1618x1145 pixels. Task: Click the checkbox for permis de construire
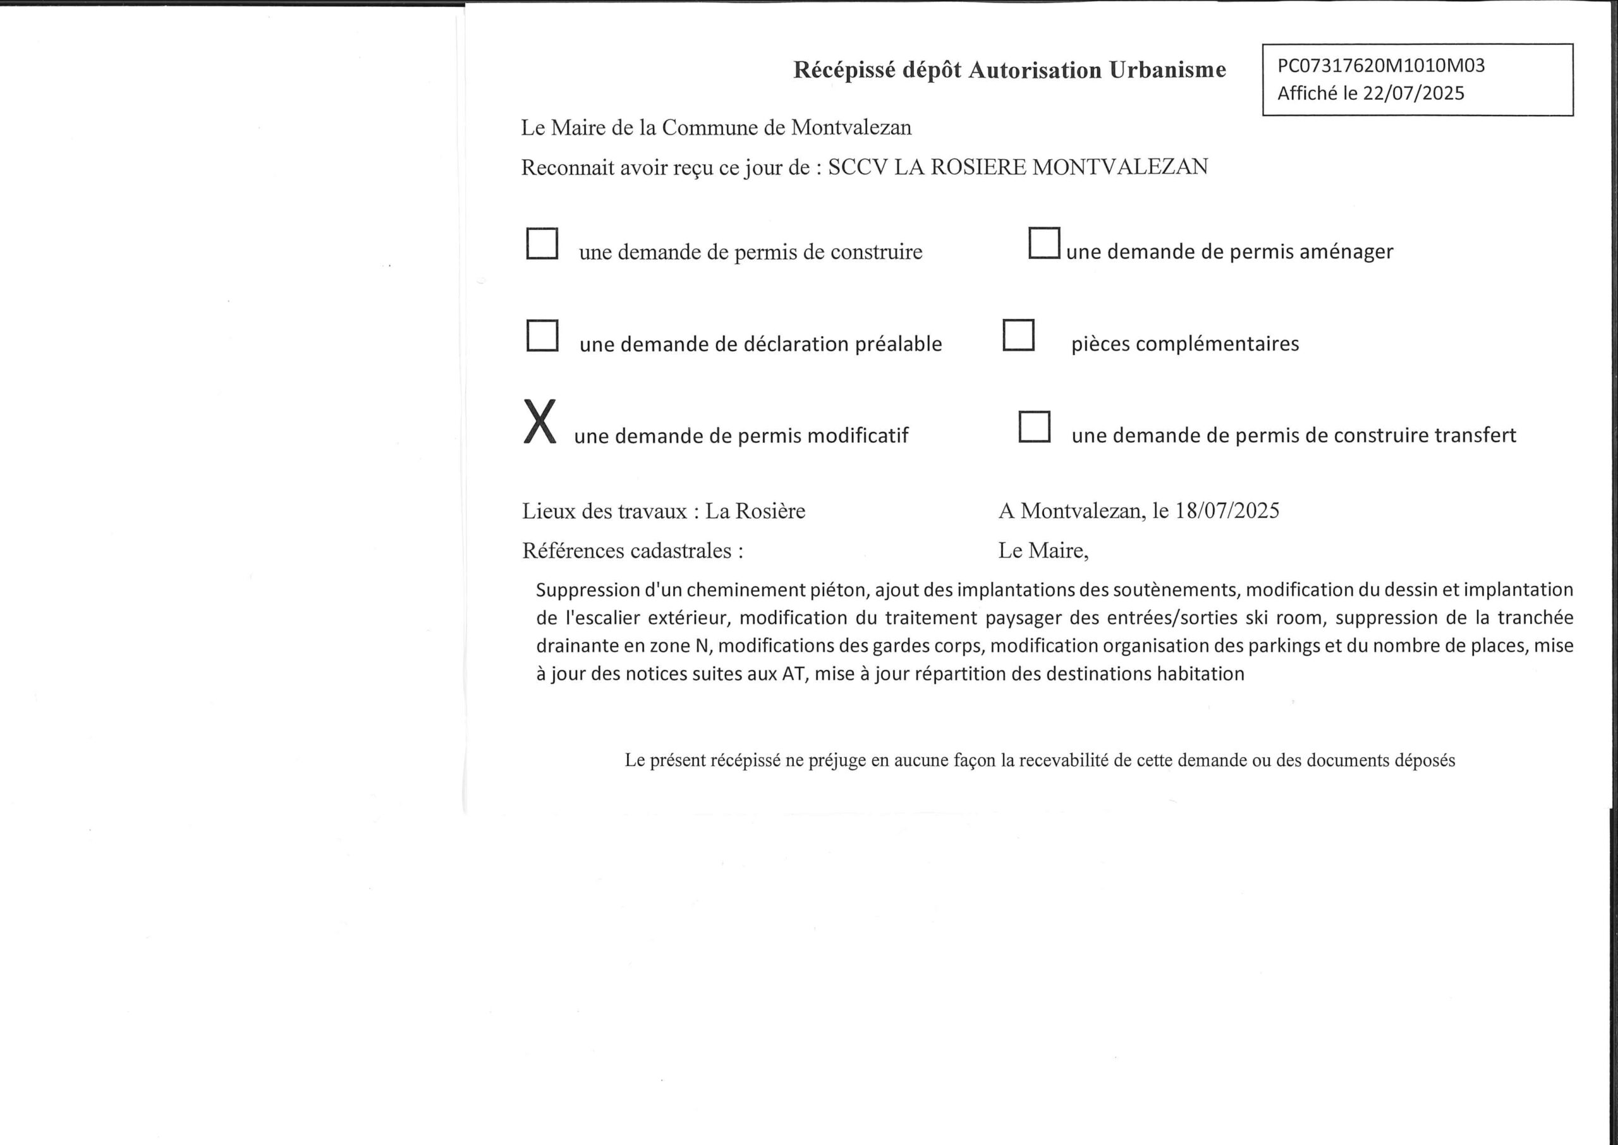(542, 243)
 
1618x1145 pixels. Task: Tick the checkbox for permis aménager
(1043, 243)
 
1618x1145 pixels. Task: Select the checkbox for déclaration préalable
(542, 336)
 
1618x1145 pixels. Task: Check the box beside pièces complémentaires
(1018, 336)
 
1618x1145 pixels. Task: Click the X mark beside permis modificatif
(540, 421)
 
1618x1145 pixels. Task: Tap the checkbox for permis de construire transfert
(1034, 427)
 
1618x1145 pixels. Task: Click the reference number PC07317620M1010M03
(1381, 66)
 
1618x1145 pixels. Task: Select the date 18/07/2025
(1227, 511)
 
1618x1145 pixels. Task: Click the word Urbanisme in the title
(1167, 70)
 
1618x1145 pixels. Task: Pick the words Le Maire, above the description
(1043, 550)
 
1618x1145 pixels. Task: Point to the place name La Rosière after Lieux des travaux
(755, 511)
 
